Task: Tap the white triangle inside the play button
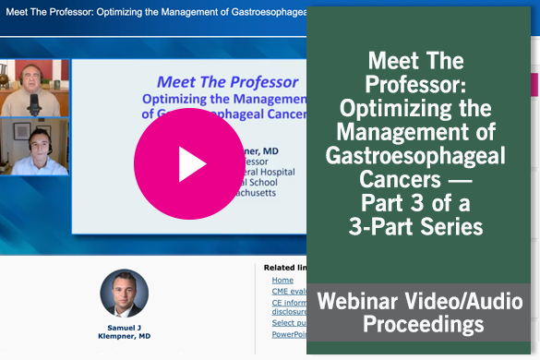pos(191,165)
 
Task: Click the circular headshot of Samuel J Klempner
pos(124,294)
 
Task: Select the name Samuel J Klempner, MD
pos(124,334)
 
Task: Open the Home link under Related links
pos(282,280)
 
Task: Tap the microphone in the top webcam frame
pos(34,103)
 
